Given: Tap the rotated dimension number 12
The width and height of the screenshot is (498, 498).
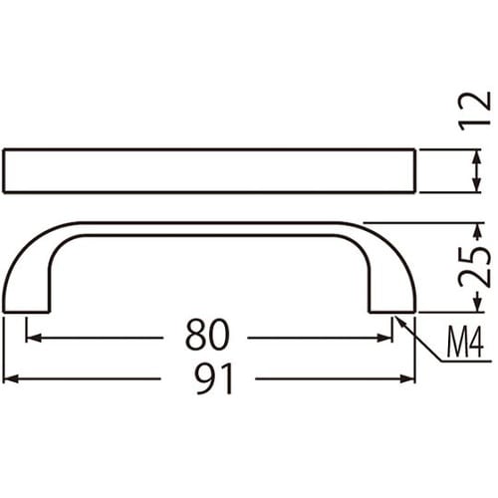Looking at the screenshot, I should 479,110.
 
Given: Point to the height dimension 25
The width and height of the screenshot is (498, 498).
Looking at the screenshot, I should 479,266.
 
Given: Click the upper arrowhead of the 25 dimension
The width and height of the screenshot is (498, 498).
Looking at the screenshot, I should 471,227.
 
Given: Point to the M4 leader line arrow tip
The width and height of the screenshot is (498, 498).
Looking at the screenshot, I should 397,318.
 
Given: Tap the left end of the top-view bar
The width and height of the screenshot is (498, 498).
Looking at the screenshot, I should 7,170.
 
